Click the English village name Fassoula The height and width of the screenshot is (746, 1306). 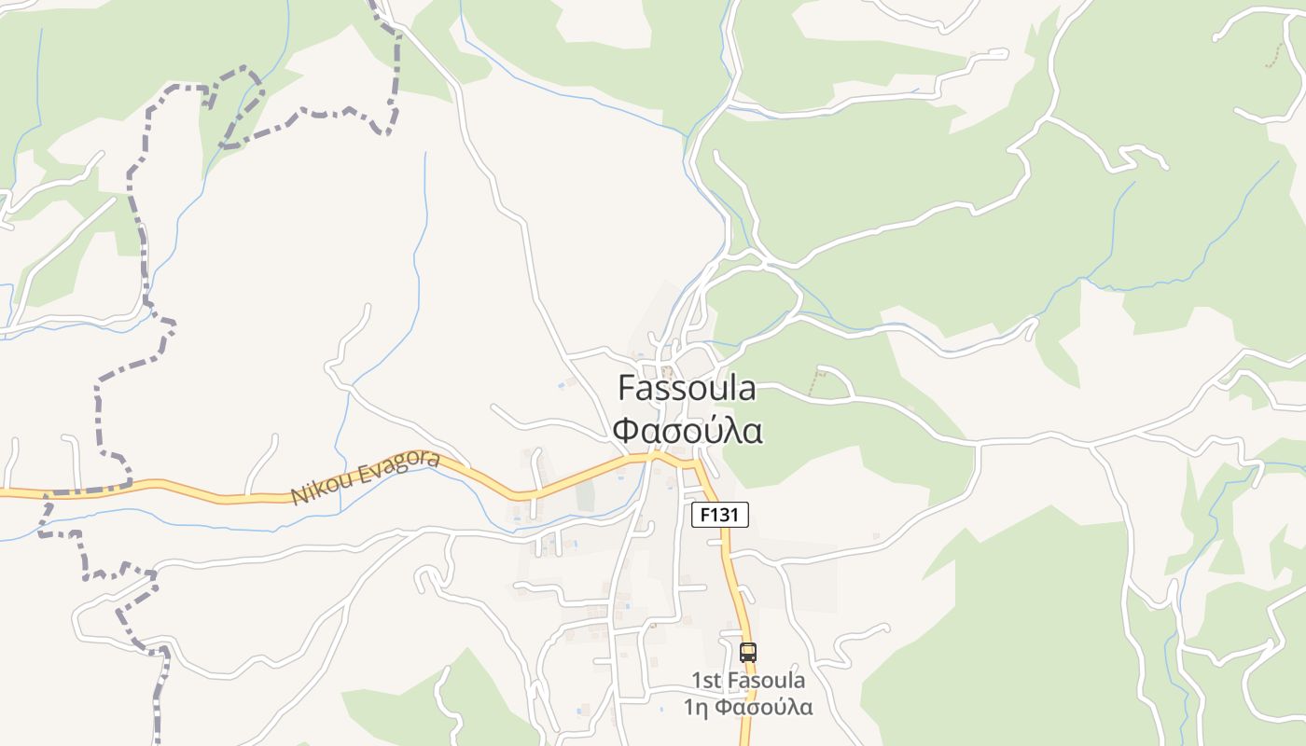coord(687,388)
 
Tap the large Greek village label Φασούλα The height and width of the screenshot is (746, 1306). coord(688,431)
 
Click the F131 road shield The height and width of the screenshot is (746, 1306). coord(719,515)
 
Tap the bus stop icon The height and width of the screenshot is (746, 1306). coord(747,653)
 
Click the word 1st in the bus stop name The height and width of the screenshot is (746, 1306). coord(706,681)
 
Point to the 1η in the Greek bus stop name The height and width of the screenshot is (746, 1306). coord(697,707)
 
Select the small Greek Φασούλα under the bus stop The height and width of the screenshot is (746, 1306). coord(764,707)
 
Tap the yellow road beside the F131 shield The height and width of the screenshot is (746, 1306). coord(727,546)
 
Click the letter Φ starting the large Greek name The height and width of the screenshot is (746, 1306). coord(627,431)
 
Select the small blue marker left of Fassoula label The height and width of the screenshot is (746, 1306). coord(561,382)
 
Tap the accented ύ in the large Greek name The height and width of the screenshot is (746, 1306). coord(713,431)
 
